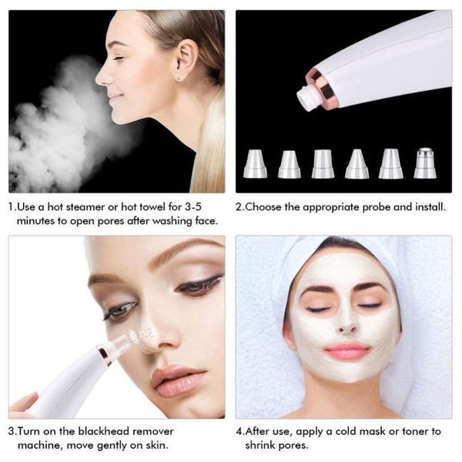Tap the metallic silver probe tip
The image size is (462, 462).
(x=424, y=162)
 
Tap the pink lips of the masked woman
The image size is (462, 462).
(x=347, y=351)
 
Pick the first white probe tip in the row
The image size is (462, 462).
(x=254, y=163)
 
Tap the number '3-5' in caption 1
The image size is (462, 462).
(x=207, y=207)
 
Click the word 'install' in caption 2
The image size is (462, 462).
(x=427, y=207)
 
